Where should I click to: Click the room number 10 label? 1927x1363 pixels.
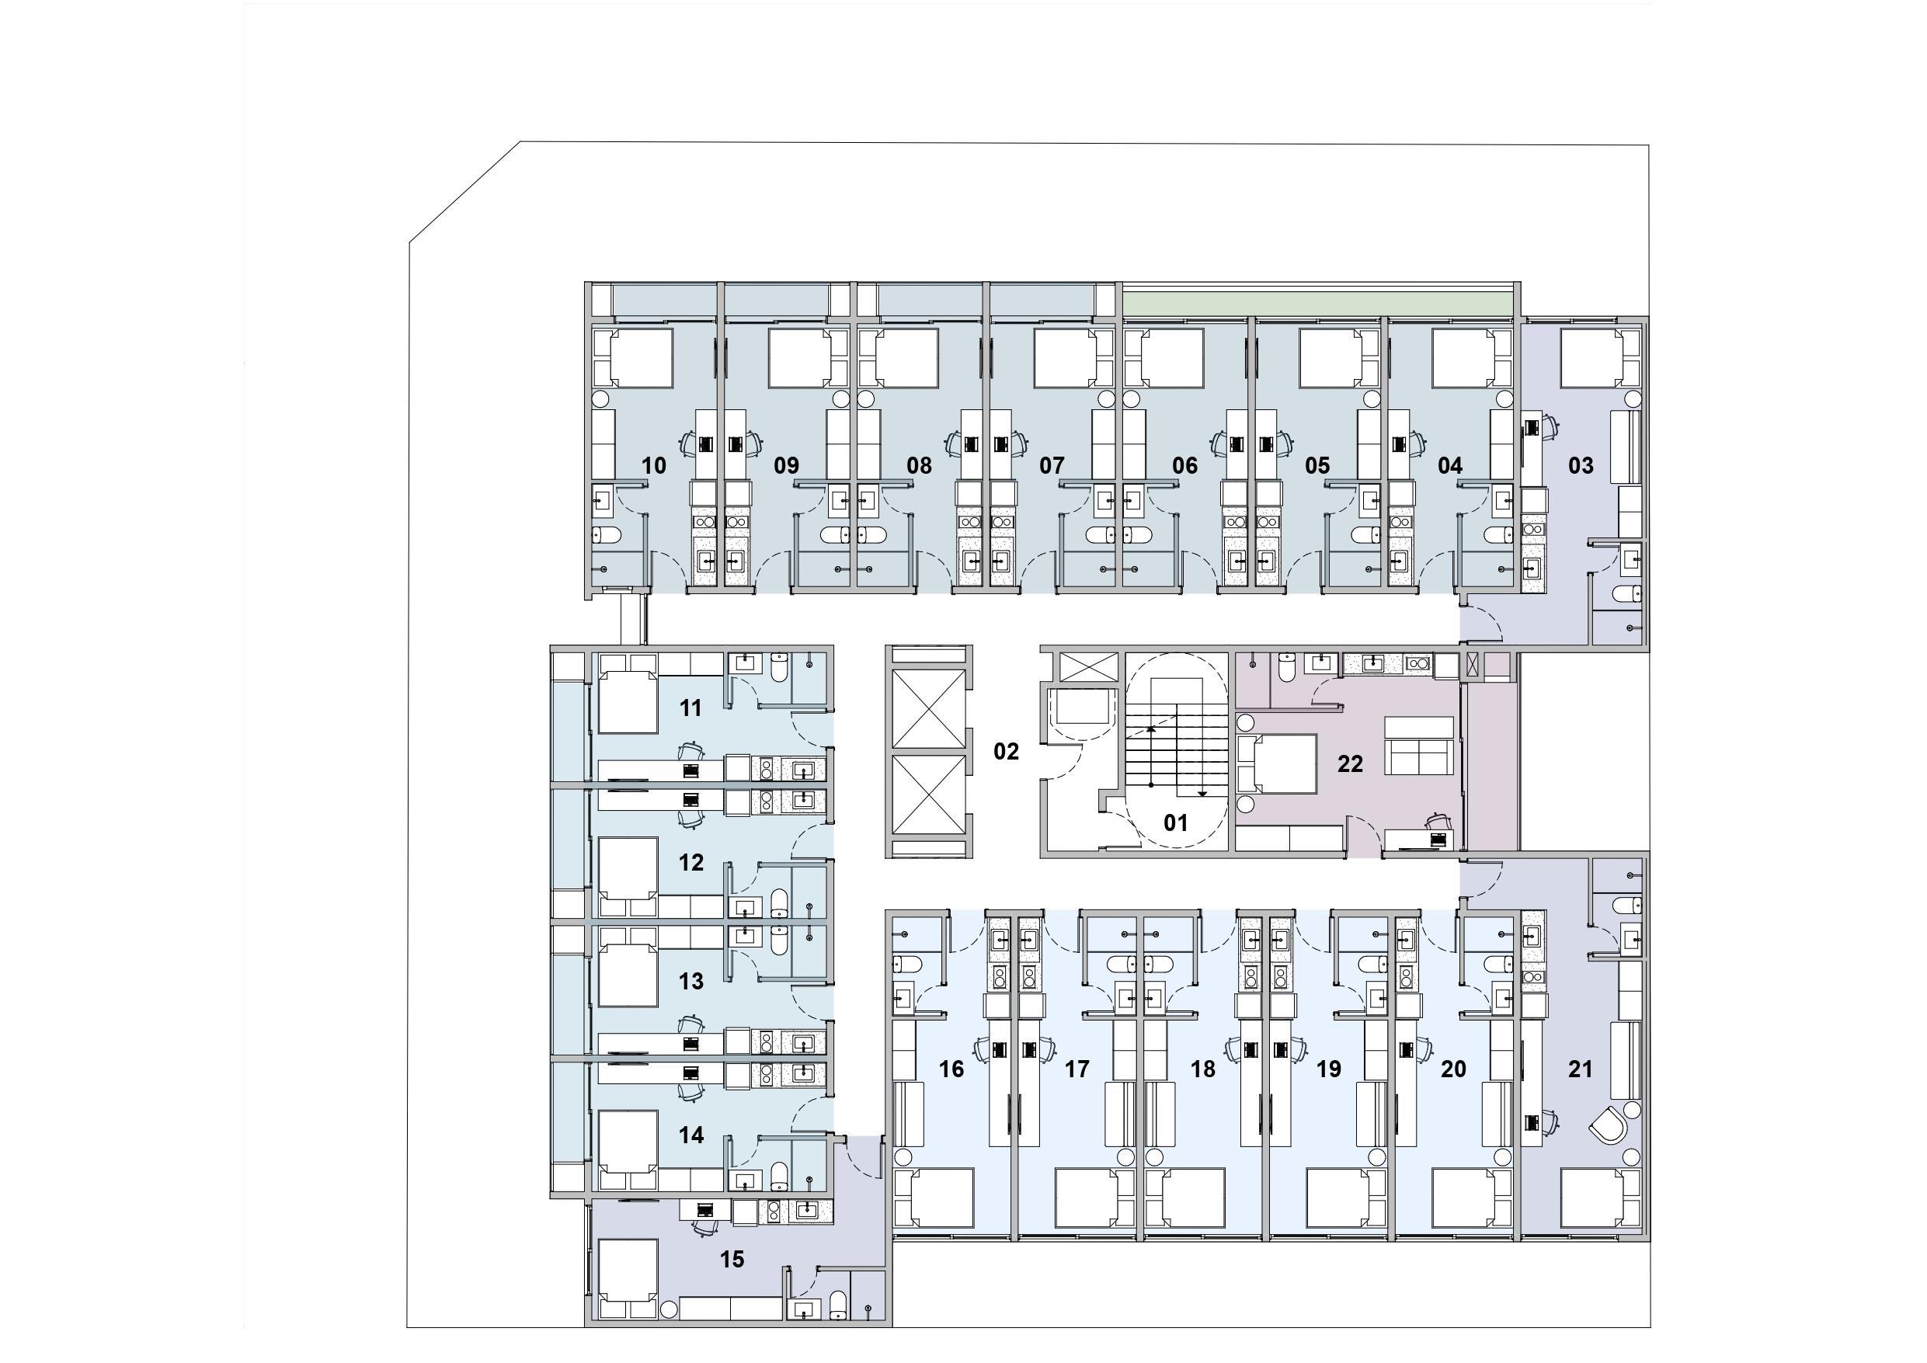pyautogui.click(x=654, y=465)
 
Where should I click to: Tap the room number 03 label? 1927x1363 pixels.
pyautogui.click(x=1581, y=465)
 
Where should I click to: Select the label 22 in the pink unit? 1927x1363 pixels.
pyautogui.click(x=1351, y=763)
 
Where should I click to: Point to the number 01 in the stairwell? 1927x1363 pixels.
pyautogui.click(x=1176, y=822)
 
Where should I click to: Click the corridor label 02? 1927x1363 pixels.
pyautogui.click(x=1007, y=751)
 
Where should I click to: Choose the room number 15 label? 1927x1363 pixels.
pyautogui.click(x=732, y=1259)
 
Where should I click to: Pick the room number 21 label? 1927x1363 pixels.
pyautogui.click(x=1581, y=1069)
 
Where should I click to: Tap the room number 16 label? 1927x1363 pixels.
pyautogui.click(x=951, y=1069)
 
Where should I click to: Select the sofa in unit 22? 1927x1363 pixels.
pyautogui.click(x=1418, y=746)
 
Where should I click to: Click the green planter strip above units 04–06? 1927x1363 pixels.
pyautogui.click(x=1319, y=300)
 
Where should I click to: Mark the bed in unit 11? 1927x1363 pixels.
pyautogui.click(x=627, y=703)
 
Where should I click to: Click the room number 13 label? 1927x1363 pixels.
pyautogui.click(x=690, y=980)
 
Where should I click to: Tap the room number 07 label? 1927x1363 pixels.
pyautogui.click(x=1052, y=465)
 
